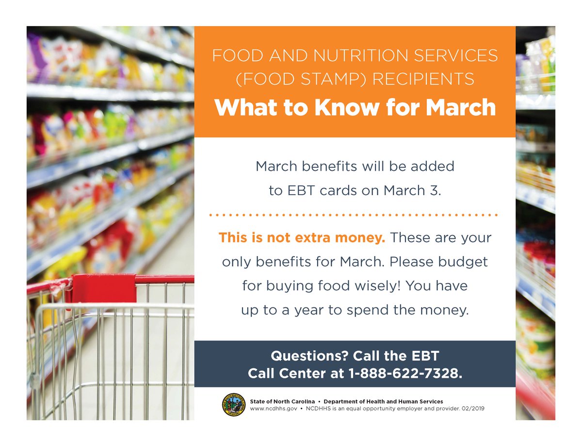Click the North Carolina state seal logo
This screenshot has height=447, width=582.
234,405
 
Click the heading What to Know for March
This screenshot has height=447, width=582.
355,107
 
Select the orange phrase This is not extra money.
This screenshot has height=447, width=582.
302,238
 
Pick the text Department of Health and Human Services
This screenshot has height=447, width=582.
383,401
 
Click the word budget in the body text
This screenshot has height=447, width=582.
463,262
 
